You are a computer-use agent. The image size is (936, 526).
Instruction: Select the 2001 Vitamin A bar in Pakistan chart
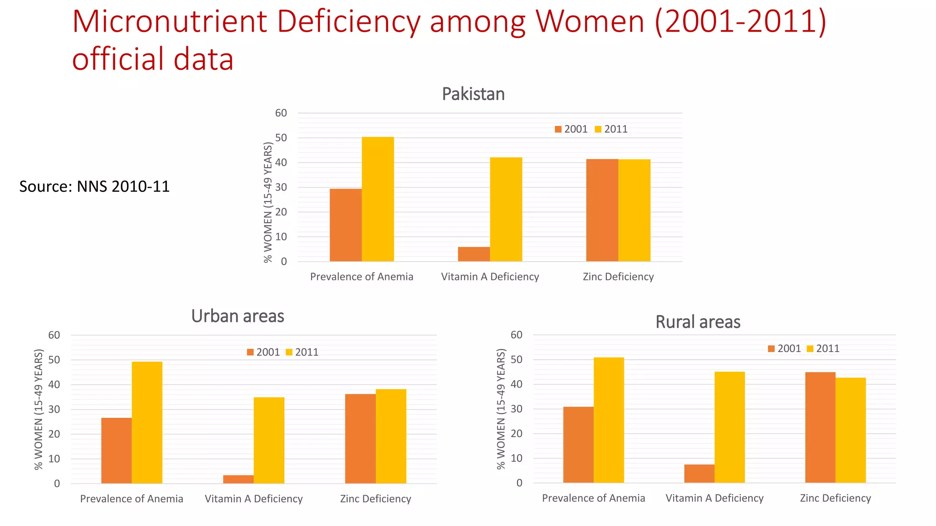pos(473,254)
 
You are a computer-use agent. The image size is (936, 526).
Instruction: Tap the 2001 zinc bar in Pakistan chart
pos(602,210)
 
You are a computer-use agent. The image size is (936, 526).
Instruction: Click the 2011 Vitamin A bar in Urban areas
pos(269,440)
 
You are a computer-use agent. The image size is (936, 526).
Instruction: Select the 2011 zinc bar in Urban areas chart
pos(391,436)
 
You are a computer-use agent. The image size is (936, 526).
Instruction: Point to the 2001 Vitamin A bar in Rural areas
pos(699,473)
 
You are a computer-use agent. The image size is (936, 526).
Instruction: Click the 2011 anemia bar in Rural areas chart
pos(608,420)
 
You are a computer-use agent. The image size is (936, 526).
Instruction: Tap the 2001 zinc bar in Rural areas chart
pos(820,427)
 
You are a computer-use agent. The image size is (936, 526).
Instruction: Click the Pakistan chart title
pos(473,94)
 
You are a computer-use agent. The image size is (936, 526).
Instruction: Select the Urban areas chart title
pos(238,316)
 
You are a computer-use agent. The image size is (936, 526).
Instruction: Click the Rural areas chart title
pos(697,322)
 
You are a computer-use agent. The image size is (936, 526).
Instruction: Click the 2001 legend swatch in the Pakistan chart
pos(558,129)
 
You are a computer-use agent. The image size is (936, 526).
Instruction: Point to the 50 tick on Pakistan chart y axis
pos(281,138)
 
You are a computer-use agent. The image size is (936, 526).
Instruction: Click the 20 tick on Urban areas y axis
pos(54,434)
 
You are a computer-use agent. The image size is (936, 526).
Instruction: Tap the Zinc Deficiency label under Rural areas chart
pos(835,498)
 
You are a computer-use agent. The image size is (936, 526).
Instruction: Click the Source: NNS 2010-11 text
pos(94,186)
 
